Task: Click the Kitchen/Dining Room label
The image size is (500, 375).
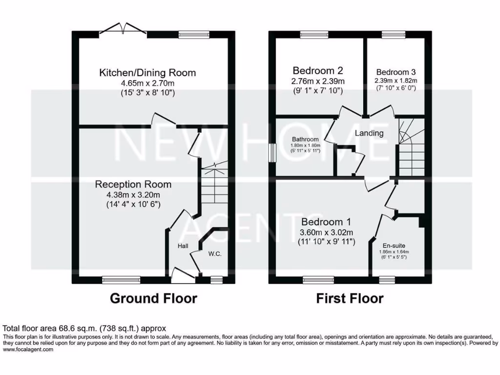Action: point(147,73)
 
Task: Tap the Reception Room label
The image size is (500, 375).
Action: point(133,184)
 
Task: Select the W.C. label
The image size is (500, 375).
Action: point(215,254)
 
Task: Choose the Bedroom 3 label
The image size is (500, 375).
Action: point(396,70)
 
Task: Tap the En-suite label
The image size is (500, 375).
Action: point(394,246)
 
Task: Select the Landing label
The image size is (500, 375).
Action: point(369,133)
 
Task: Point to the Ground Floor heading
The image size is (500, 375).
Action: point(153,298)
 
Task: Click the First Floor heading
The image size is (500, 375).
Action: point(350,298)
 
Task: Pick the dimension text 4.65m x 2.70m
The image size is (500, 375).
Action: point(147,83)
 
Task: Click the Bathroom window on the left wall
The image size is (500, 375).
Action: point(272,151)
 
